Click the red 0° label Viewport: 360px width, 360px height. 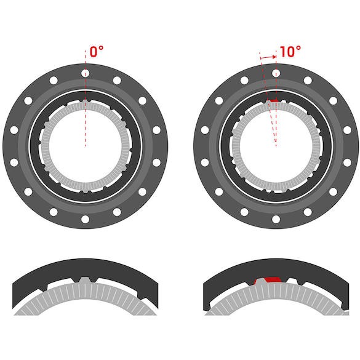(96, 52)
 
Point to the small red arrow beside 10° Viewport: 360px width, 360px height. (268, 57)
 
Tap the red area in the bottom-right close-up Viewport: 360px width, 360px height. (268, 280)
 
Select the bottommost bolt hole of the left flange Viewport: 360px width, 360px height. (84, 220)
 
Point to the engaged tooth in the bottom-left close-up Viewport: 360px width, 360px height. (84, 281)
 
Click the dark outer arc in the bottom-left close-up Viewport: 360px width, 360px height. (84, 266)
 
